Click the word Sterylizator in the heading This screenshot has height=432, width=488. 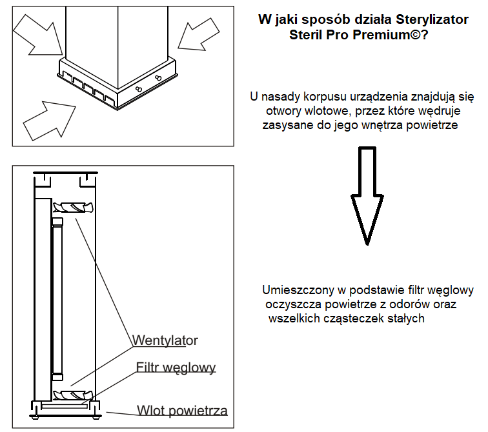pyautogui.click(x=432, y=19)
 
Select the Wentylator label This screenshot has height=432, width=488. pyautogui.click(x=165, y=340)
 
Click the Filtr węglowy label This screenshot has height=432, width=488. pyautogui.click(x=176, y=368)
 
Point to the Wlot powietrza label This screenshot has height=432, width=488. pyautogui.click(x=182, y=411)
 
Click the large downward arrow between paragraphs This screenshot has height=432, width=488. pyautogui.click(x=367, y=196)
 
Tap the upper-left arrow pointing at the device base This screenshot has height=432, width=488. pyautogui.click(x=37, y=35)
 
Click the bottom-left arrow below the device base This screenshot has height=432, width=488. pyautogui.click(x=50, y=120)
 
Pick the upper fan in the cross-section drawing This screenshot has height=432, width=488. pyautogui.click(x=73, y=208)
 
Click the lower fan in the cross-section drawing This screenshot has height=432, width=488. pyautogui.click(x=73, y=395)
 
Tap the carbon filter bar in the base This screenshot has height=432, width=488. pyautogui.click(x=65, y=406)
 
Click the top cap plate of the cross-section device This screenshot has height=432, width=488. pyautogui.click(x=65, y=173)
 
